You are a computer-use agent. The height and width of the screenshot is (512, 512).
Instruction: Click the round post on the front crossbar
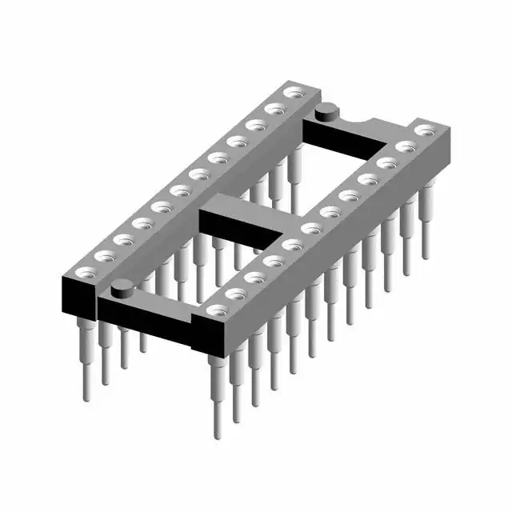click(x=122, y=289)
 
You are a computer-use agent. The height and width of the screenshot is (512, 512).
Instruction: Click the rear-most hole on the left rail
click(x=294, y=95)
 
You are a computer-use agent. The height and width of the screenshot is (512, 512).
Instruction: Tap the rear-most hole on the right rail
click(x=425, y=129)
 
